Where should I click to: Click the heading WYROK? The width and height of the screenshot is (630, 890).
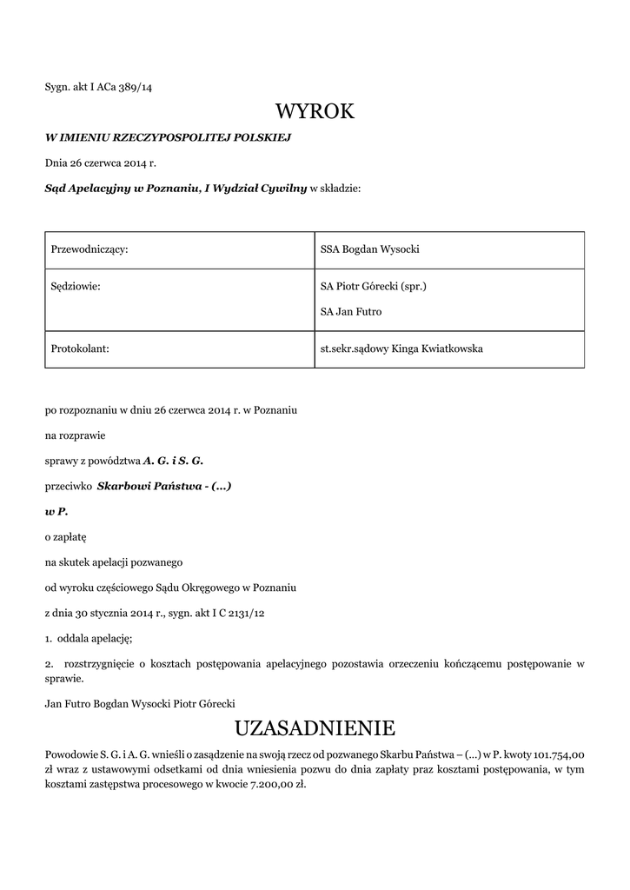tap(315, 112)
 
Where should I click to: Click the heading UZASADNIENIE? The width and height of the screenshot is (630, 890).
tap(315, 727)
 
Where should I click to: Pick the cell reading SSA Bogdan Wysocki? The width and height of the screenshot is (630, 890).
tap(369, 249)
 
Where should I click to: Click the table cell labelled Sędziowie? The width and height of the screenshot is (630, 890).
tap(76, 285)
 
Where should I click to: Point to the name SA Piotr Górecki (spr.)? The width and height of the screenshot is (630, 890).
tap(373, 285)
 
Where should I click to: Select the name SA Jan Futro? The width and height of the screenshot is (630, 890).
tap(351, 311)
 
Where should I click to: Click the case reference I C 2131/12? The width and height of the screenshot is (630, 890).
tap(235, 613)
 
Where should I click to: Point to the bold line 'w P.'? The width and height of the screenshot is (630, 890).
tap(56, 512)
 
